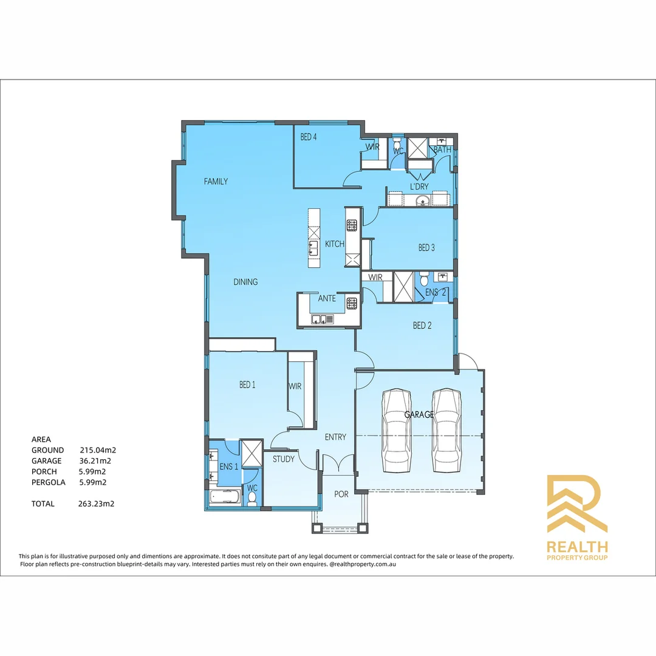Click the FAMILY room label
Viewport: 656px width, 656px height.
[x=216, y=181]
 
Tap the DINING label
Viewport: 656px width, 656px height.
[x=245, y=282]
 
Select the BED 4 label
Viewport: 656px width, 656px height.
[x=309, y=137]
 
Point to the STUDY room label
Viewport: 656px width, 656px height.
[x=283, y=459]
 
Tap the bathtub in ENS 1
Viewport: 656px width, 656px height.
[x=224, y=497]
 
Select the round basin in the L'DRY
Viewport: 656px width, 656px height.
[x=423, y=201]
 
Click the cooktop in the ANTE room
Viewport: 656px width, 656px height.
[x=351, y=302]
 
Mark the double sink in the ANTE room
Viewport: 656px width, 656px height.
[x=322, y=319]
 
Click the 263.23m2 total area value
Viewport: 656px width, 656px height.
[x=97, y=504]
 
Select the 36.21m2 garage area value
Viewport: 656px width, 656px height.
[x=95, y=461]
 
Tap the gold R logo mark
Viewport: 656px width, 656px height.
[x=576, y=504]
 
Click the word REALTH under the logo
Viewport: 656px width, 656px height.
[x=576, y=547]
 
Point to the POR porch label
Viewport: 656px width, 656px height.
[x=341, y=494]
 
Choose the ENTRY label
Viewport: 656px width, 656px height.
[x=335, y=437]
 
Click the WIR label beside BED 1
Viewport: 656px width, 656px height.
[x=295, y=386]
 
